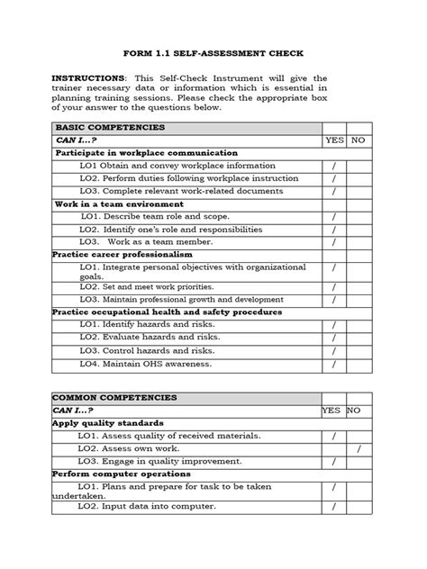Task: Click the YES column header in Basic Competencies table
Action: [334, 141]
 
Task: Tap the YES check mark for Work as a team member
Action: [334, 242]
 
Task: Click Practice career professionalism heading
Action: [123, 255]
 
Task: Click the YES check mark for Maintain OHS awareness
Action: [334, 364]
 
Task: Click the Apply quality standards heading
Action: [107, 422]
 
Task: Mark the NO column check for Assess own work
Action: [358, 448]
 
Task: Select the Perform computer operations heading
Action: [121, 474]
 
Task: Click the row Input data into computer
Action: [147, 506]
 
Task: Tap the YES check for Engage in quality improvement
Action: [334, 461]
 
